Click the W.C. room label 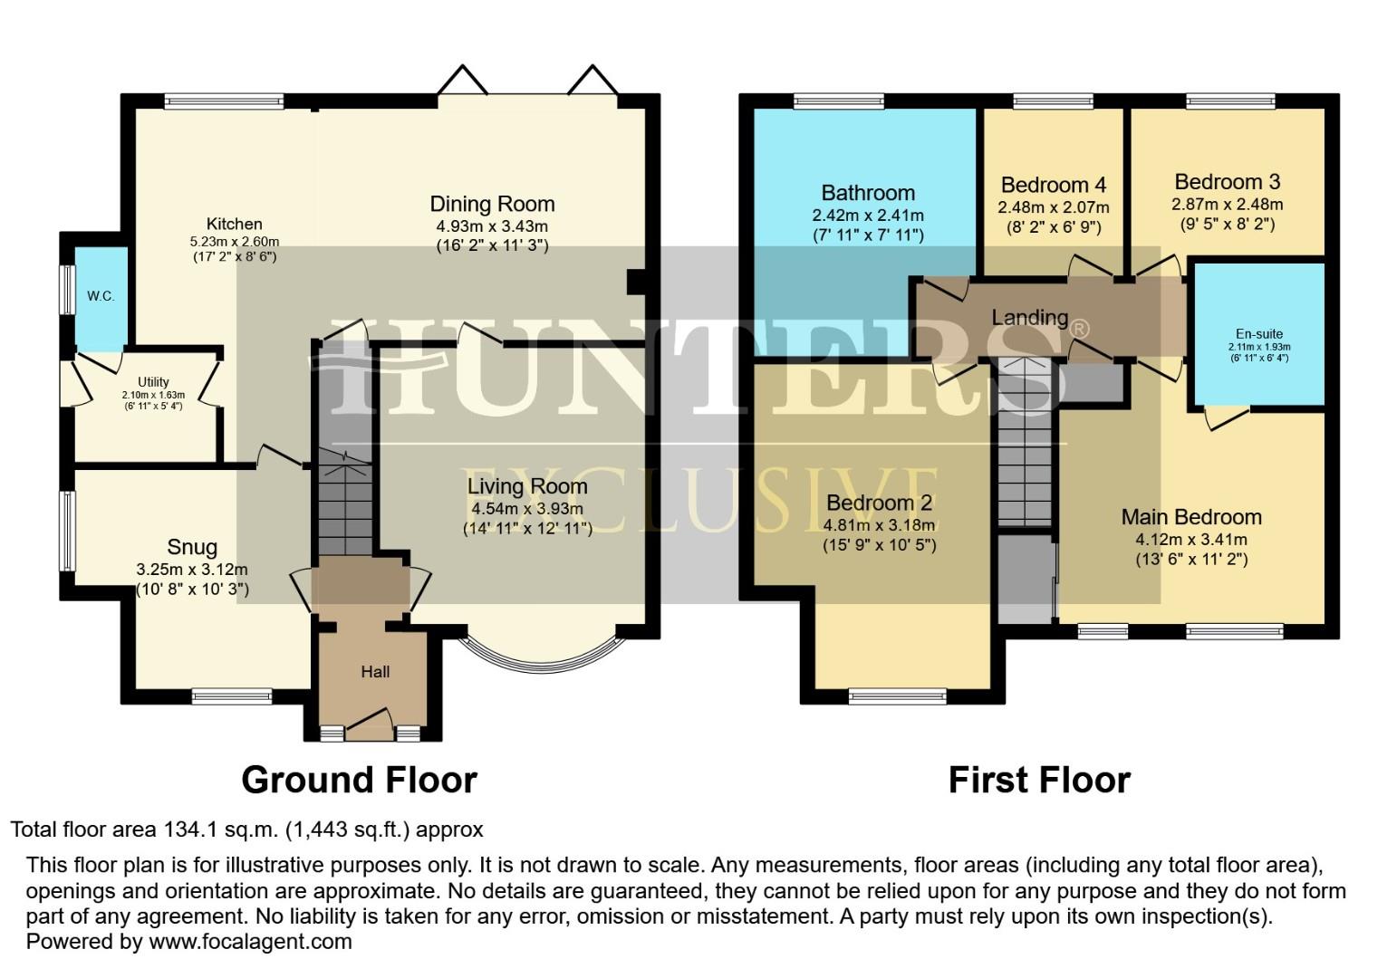[x=101, y=296]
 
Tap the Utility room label [x=153, y=382]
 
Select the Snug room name [x=192, y=547]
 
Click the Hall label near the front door [x=375, y=671]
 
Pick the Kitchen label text [x=235, y=224]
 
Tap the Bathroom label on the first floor [x=868, y=193]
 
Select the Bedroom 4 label [x=1054, y=186]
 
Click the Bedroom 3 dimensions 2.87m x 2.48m [x=1228, y=204]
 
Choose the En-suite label [x=1259, y=333]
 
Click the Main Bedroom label [x=1191, y=517]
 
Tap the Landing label [x=1030, y=318]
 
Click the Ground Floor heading [x=359, y=780]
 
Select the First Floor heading [x=1039, y=780]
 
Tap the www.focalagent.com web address [x=250, y=941]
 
